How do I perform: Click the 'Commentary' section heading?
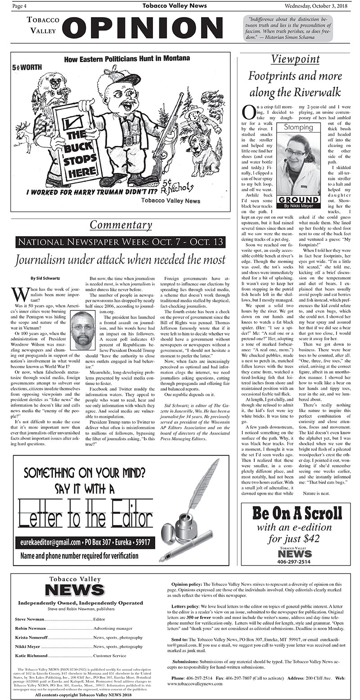(121, 224)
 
